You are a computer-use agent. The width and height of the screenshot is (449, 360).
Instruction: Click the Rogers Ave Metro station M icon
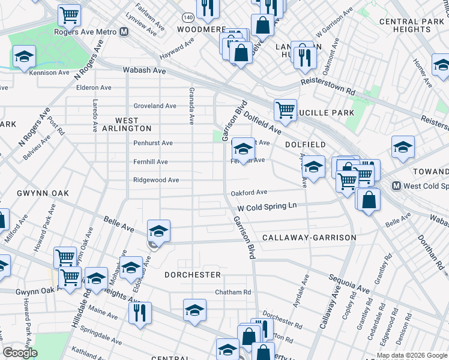pos(124,32)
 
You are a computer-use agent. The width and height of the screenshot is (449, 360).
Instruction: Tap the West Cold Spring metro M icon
pos(396,185)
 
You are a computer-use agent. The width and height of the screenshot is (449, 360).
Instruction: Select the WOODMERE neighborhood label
pos(200,29)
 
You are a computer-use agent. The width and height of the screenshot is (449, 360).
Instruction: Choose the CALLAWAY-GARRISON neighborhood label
pos(309,238)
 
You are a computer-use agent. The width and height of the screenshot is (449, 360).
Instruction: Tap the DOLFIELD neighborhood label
pos(305,145)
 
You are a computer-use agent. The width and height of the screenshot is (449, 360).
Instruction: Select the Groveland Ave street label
pos(155,106)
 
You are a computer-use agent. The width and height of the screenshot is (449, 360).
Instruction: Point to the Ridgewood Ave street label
pos(156,180)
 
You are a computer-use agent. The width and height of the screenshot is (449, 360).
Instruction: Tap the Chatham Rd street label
pos(233,292)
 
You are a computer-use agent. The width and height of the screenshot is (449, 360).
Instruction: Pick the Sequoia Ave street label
pos(349,284)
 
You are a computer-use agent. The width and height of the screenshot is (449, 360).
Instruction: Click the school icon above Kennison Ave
pos(24,56)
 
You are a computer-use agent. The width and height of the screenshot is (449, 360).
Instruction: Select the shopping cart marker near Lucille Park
pos(285,109)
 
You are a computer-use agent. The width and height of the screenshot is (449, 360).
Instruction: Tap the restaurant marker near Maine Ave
pos(140,312)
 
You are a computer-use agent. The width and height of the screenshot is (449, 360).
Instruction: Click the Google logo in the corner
pos(20,353)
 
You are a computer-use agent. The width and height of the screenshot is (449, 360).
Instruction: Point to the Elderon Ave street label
pos(94,88)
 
